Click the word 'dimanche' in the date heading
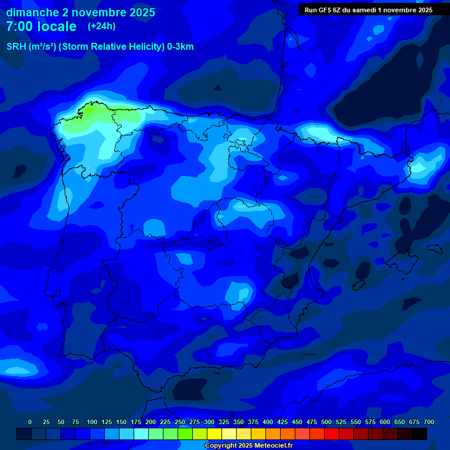(32, 12)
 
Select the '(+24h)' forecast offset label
(101, 26)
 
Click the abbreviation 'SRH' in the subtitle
(16, 47)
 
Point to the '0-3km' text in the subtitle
(180, 47)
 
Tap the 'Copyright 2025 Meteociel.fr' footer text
(248, 446)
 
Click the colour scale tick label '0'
(30, 422)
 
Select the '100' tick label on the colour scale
(92, 422)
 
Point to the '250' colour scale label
(180, 422)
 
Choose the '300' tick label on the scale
(209, 422)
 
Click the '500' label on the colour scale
(326, 422)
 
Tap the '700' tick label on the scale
(429, 422)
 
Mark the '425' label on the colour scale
(282, 422)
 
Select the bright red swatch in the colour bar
(332, 434)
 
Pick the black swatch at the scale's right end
(420, 434)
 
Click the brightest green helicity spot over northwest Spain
(89, 110)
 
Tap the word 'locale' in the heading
(57, 26)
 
